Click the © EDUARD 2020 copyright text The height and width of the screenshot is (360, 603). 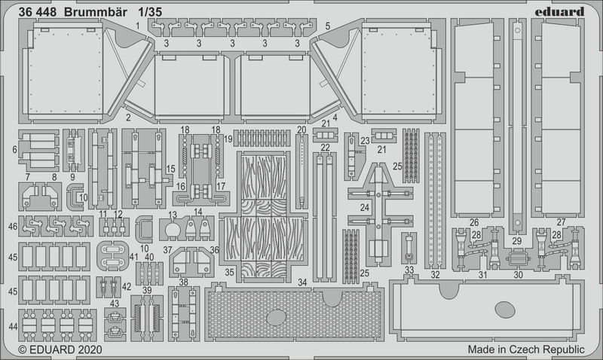tap(54, 349)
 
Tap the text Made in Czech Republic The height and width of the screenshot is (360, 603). tap(525, 349)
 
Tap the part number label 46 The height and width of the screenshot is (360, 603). tap(13, 226)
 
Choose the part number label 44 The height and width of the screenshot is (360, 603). tap(13, 326)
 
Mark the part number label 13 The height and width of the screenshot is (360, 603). tap(173, 214)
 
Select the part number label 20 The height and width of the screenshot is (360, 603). tap(301, 129)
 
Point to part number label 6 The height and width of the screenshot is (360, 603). tap(14, 150)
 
